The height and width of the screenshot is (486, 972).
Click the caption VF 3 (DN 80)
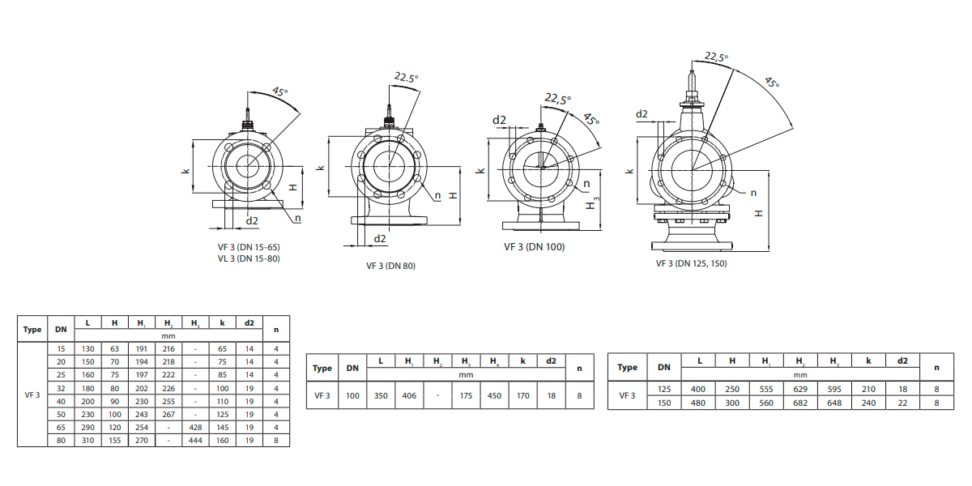390,266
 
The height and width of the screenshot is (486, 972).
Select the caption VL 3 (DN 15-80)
249,258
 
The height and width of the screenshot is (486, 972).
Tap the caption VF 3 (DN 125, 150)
691,263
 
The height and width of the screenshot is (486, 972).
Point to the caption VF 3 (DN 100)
534,247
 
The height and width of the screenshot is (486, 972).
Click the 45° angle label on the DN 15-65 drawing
279,92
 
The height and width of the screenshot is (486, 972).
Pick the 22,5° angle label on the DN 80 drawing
407,78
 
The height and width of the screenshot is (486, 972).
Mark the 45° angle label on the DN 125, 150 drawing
771,83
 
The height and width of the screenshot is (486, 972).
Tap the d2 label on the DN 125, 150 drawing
642,113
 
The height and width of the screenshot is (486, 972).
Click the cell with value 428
195,427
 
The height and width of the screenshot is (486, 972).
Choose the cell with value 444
195,440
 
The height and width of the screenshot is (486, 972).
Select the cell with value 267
168,414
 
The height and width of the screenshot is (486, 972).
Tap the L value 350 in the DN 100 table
381,396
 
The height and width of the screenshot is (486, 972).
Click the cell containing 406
409,396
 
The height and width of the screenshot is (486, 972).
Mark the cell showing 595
833,390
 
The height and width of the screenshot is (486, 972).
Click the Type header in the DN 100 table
322,368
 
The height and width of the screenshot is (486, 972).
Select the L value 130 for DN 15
87,348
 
